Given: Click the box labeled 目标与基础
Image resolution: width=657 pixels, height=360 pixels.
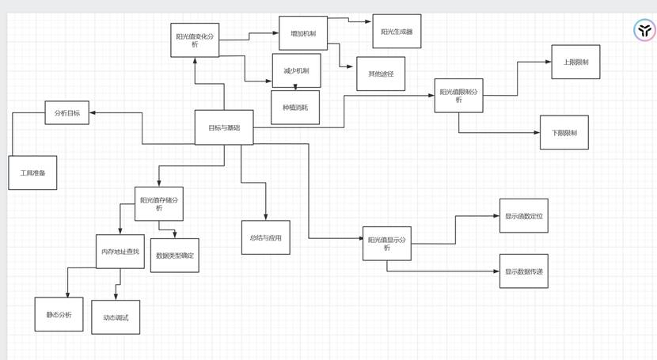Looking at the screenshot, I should pos(224,127).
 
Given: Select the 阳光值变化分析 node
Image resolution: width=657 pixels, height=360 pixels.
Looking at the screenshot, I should pos(195,40).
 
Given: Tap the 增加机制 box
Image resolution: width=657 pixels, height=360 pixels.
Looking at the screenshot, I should pos(303,33).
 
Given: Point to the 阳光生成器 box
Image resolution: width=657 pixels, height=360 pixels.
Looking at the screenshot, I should pos(397,32).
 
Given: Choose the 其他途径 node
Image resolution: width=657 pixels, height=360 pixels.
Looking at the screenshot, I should pos(381,74).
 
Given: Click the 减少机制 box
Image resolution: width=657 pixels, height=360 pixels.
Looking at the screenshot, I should pos(296,70).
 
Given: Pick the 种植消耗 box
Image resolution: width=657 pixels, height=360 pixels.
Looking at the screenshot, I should pos(295,108).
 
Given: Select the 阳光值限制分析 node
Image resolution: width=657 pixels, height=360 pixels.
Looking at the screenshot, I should pos(458,96).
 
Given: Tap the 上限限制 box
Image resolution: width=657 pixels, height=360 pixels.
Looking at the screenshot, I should pos(575,62).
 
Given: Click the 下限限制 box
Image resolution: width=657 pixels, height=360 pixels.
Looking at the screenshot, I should pos(564,132).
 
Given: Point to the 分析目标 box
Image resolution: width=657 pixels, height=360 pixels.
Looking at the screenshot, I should pos(67,113).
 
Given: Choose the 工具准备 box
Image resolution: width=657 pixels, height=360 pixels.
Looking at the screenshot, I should pos(33,172).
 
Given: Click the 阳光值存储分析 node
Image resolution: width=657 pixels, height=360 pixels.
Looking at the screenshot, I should pos(159,204).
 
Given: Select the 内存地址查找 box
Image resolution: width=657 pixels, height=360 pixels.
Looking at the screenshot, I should pos(120,252).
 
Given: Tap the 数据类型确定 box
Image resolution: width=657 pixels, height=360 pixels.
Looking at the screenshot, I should pos(175,256).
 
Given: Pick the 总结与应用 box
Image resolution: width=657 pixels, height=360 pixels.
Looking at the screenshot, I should pos(266,237).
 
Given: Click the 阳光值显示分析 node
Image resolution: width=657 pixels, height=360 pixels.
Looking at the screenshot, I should pos(387,244).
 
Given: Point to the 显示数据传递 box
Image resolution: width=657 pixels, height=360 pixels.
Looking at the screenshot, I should pos(524,271).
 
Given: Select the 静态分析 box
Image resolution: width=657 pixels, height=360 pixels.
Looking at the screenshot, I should pos(59,314).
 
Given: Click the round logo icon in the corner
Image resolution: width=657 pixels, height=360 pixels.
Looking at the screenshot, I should pos(645,31).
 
